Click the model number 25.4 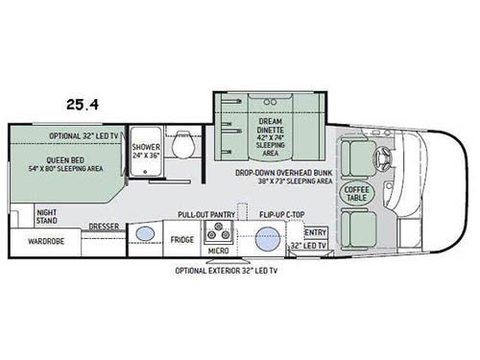click(84, 99)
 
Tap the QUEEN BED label click(64, 160)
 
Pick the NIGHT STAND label click(48, 216)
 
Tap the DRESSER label click(103, 227)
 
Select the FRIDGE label click(183, 239)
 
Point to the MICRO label click(217, 252)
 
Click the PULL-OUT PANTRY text click(206, 215)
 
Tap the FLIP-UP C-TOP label click(280, 215)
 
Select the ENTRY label click(315, 232)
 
